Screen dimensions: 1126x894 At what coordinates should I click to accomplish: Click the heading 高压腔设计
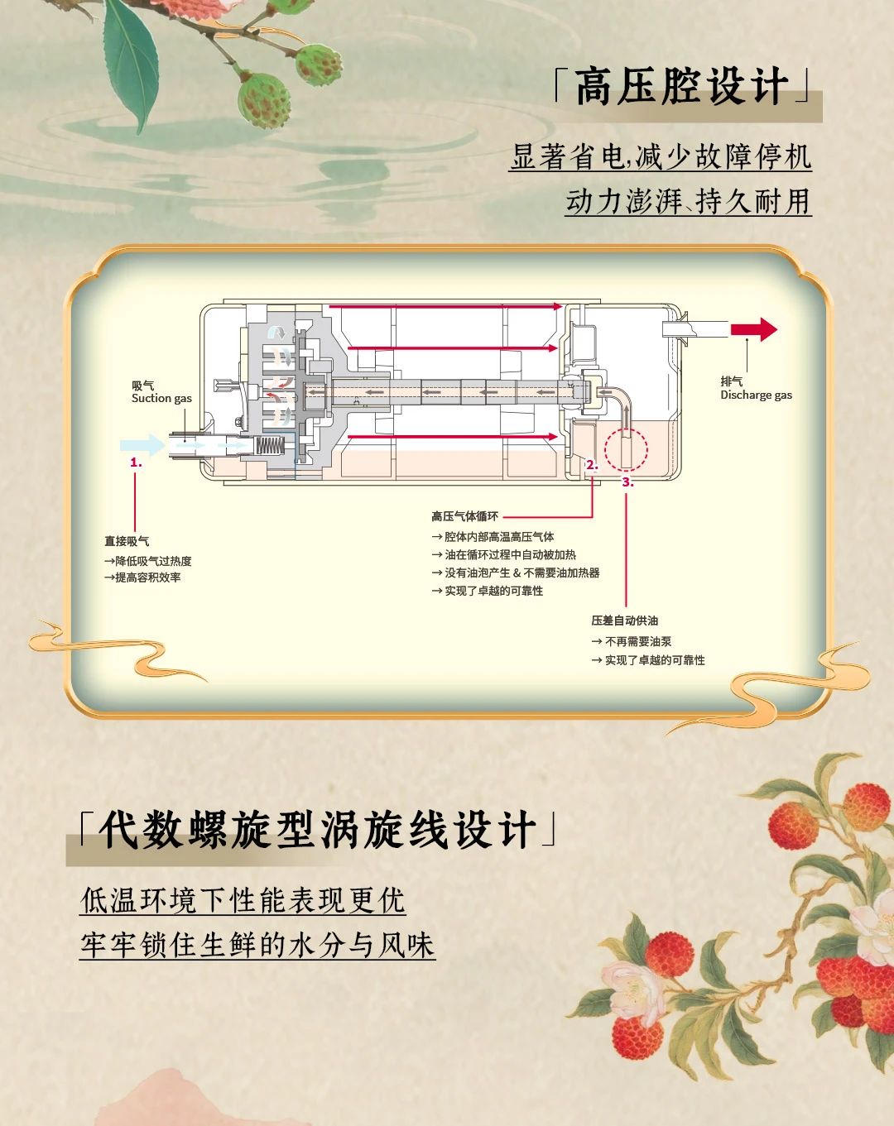pyautogui.click(x=681, y=88)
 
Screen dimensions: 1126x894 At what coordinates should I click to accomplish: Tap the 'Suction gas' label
pyautogui.click(x=161, y=398)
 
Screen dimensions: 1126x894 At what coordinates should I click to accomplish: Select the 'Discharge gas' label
pyautogui.click(x=756, y=395)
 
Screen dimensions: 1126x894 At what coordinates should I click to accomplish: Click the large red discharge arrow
pyautogui.click(x=754, y=329)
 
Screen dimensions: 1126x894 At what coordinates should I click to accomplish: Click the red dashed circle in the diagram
pyautogui.click(x=626, y=451)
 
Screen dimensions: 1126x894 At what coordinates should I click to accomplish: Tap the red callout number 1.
pyautogui.click(x=136, y=463)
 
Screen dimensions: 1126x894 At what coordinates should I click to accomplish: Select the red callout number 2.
pyautogui.click(x=591, y=465)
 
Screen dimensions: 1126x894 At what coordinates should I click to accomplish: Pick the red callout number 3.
pyautogui.click(x=627, y=482)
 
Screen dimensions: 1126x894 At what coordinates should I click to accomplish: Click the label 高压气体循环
pyautogui.click(x=464, y=516)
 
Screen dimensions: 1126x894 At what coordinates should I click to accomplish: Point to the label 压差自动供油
pyautogui.click(x=625, y=620)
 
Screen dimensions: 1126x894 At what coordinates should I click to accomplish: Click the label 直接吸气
pyautogui.click(x=127, y=541)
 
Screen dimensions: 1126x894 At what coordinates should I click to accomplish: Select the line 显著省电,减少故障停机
pyautogui.click(x=661, y=156)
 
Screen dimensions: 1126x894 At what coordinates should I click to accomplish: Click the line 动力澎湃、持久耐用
pyautogui.click(x=688, y=201)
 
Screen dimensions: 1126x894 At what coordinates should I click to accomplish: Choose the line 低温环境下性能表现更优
pyautogui.click(x=243, y=900)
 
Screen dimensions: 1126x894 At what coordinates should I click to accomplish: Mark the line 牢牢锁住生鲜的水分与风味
pyautogui.click(x=257, y=945)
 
